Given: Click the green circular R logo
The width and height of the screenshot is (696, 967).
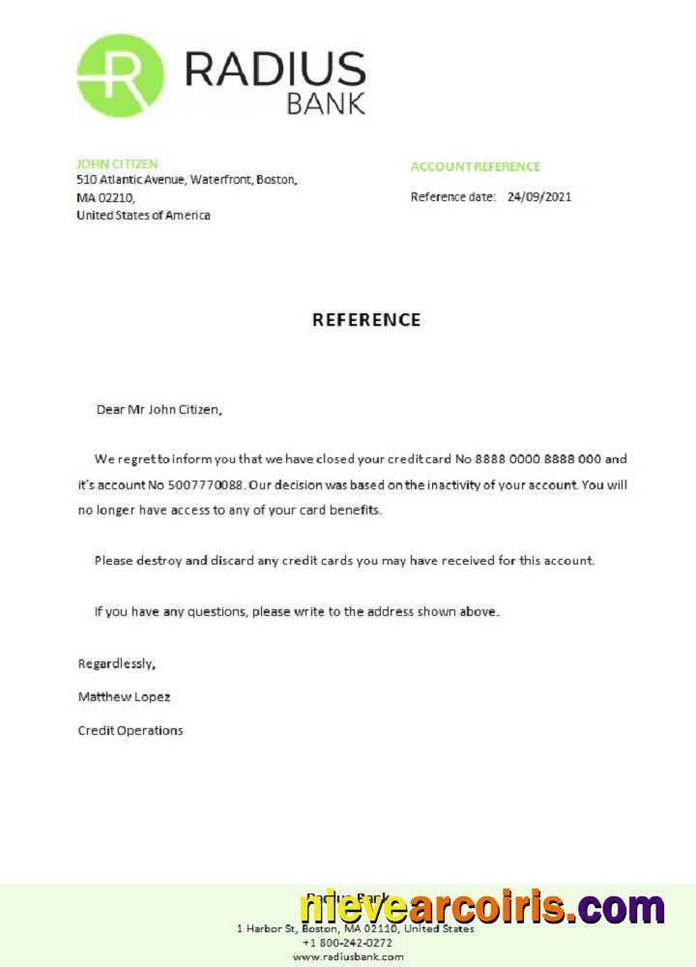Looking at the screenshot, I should point(120,75).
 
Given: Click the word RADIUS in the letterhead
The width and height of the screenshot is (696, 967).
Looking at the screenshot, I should point(275,69).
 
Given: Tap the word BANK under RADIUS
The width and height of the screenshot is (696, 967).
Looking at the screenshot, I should point(326,103).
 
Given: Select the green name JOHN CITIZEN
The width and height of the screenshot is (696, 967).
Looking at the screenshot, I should point(117,164).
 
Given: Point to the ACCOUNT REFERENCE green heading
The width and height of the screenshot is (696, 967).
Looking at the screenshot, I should point(476,166).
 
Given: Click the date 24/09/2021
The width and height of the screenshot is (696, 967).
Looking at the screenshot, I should point(539,197).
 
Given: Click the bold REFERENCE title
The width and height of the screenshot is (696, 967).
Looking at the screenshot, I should point(366,320).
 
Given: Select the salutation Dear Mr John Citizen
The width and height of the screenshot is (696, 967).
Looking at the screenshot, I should point(159,410).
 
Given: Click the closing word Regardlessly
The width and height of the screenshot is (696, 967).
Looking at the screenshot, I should point(116,664).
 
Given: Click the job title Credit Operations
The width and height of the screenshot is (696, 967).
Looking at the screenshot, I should point(130,731).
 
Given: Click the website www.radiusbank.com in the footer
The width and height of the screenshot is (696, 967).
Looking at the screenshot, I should point(348,956).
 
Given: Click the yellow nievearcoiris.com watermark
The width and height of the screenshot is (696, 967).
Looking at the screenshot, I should point(481,908).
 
